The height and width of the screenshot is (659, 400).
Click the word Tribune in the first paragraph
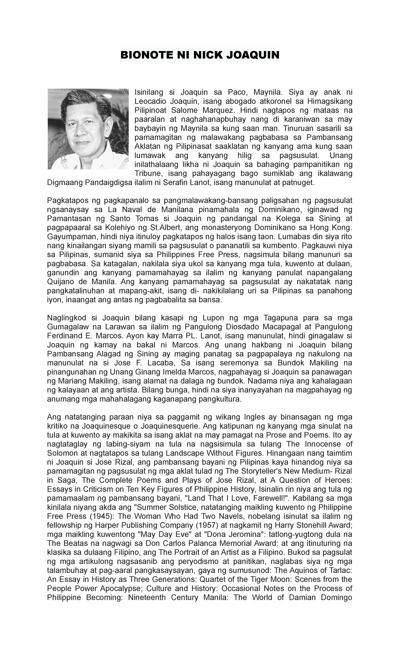147,173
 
